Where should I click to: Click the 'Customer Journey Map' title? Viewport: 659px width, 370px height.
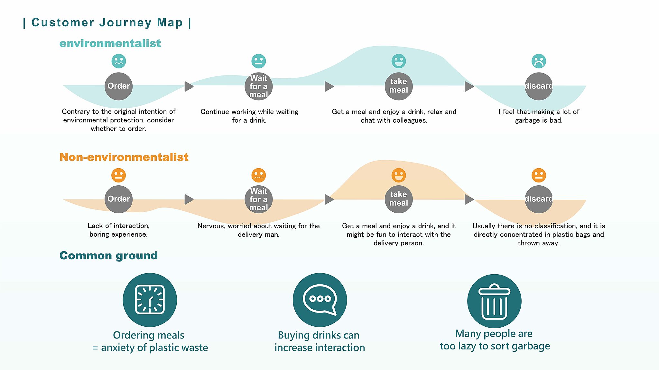107,23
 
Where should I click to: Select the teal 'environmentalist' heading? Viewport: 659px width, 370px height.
110,43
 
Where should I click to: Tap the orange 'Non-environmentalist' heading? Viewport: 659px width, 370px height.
124,157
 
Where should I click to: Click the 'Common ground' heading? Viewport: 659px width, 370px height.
108,256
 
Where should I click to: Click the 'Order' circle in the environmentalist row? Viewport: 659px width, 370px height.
118,86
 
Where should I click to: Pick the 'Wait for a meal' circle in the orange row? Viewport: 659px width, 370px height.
258,199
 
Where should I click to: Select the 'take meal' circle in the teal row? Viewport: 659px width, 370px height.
398,86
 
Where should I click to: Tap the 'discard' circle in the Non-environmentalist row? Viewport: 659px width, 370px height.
538,199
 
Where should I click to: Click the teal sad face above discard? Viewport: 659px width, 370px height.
539,61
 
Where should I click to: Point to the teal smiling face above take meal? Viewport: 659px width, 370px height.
399,61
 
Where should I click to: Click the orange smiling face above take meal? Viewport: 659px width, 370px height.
399,175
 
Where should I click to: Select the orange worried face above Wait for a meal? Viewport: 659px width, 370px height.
258,175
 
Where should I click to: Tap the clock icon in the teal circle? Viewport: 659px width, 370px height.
150,300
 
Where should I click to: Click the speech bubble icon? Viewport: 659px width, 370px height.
320,300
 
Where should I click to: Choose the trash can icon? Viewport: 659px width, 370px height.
494,301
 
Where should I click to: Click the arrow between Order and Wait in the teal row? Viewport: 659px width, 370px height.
189,86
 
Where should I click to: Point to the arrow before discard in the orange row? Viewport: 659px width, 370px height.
469,199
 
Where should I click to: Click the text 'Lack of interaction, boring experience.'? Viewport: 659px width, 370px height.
118,230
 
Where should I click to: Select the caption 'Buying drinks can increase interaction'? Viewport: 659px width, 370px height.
320,341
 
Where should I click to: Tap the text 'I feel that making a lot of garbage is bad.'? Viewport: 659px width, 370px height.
539,116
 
